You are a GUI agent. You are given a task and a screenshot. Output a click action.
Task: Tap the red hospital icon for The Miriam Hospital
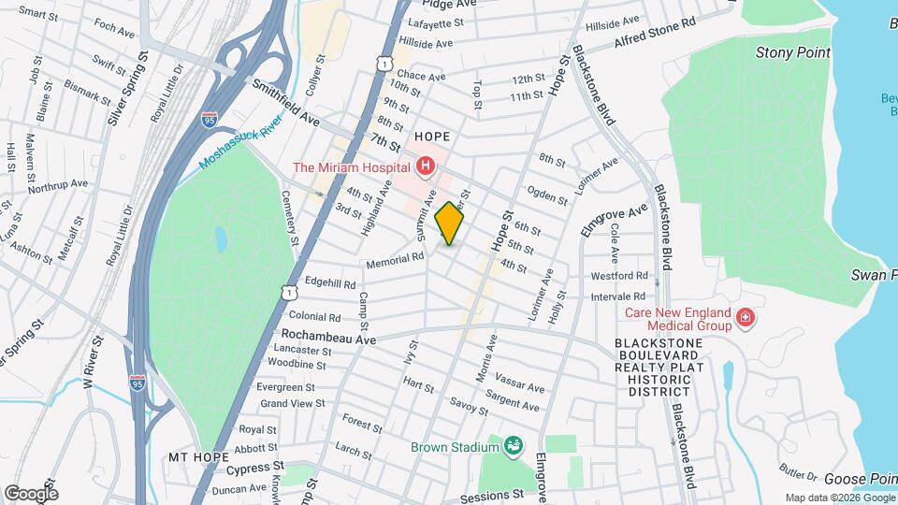(x=426, y=167)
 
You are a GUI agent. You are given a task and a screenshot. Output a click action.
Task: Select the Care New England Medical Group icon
(x=746, y=319)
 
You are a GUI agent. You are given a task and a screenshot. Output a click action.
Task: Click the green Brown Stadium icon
(x=513, y=446)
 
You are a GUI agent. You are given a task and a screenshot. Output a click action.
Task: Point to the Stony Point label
(x=792, y=52)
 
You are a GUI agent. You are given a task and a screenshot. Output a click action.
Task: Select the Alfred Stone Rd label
(x=656, y=35)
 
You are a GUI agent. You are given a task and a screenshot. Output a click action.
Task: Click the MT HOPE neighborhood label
(x=198, y=457)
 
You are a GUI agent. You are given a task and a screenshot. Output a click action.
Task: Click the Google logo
(x=31, y=493)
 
